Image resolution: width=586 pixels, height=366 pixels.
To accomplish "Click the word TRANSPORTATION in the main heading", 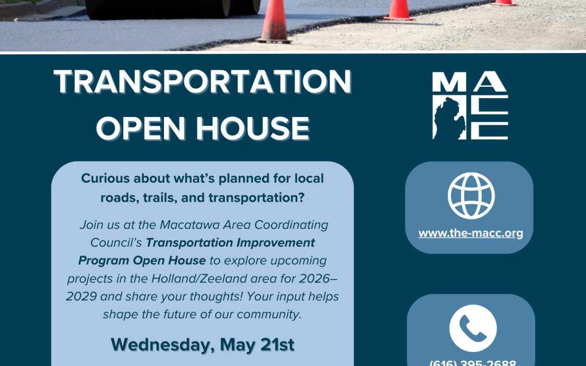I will (x=202, y=83).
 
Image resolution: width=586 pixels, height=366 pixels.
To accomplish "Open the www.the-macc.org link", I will (x=470, y=234).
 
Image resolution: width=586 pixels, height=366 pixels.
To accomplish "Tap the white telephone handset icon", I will (x=473, y=328).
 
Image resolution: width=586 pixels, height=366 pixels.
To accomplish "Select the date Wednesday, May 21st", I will (x=202, y=345).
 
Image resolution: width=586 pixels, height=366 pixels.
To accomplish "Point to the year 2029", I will (x=85, y=296).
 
